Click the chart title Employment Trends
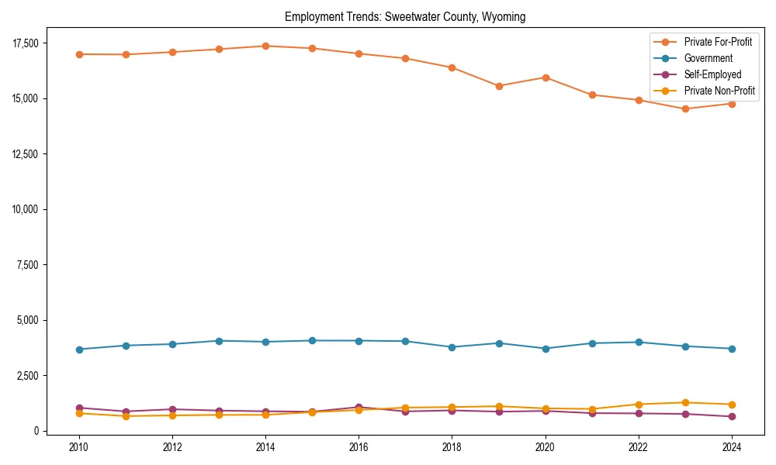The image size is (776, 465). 405,17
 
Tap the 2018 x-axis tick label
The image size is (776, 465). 452,447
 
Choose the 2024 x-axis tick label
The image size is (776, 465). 731,447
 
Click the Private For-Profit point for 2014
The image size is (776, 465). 265,46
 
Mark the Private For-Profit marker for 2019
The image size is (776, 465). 498,86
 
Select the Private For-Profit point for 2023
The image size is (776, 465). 684,108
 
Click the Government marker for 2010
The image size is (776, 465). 79,350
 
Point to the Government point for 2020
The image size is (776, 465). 545,349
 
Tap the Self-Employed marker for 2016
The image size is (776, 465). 359,407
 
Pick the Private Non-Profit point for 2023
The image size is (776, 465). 684,402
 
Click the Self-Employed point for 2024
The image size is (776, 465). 731,416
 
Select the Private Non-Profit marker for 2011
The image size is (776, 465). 126,416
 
